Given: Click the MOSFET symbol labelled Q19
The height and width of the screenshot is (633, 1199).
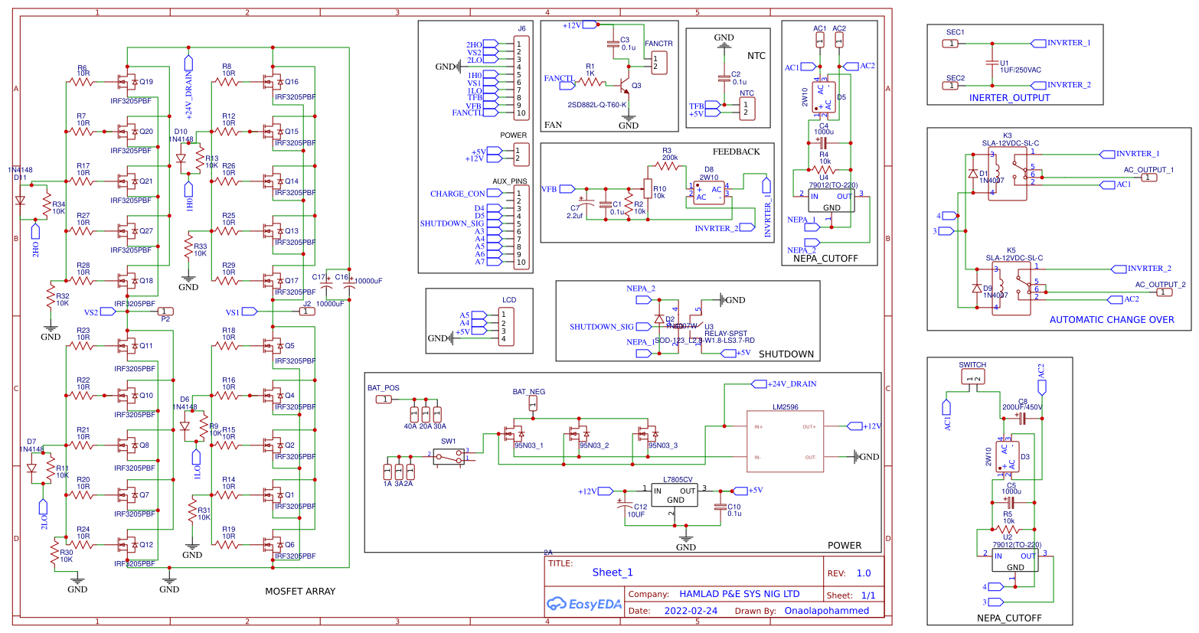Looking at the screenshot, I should point(126,82).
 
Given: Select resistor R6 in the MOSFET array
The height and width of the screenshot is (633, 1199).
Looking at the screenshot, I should point(81,82).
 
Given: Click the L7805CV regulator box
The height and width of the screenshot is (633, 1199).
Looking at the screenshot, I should point(675,495).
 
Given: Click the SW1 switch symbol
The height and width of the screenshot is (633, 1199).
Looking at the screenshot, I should point(449,456).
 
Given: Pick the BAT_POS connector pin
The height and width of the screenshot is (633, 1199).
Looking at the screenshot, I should point(385,400).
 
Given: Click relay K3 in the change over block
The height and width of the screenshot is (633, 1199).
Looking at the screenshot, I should point(1008,174).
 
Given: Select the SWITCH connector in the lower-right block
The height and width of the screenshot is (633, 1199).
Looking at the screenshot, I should point(973,378).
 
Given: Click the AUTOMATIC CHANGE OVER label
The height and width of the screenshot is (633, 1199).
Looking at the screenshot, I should point(1111,320).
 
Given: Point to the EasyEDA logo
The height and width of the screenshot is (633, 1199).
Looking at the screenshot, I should point(583,604).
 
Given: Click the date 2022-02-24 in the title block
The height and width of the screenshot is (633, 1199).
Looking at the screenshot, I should point(691,611).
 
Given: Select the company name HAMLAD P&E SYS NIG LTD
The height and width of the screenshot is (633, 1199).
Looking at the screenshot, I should point(739,594).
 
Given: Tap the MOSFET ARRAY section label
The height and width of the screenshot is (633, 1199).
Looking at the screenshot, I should point(299,591).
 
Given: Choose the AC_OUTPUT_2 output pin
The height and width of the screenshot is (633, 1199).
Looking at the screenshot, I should point(1163,292).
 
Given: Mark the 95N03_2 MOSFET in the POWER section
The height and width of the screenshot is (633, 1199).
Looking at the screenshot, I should point(580,435).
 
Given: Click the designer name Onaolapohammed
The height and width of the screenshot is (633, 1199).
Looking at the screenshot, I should point(826,611).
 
